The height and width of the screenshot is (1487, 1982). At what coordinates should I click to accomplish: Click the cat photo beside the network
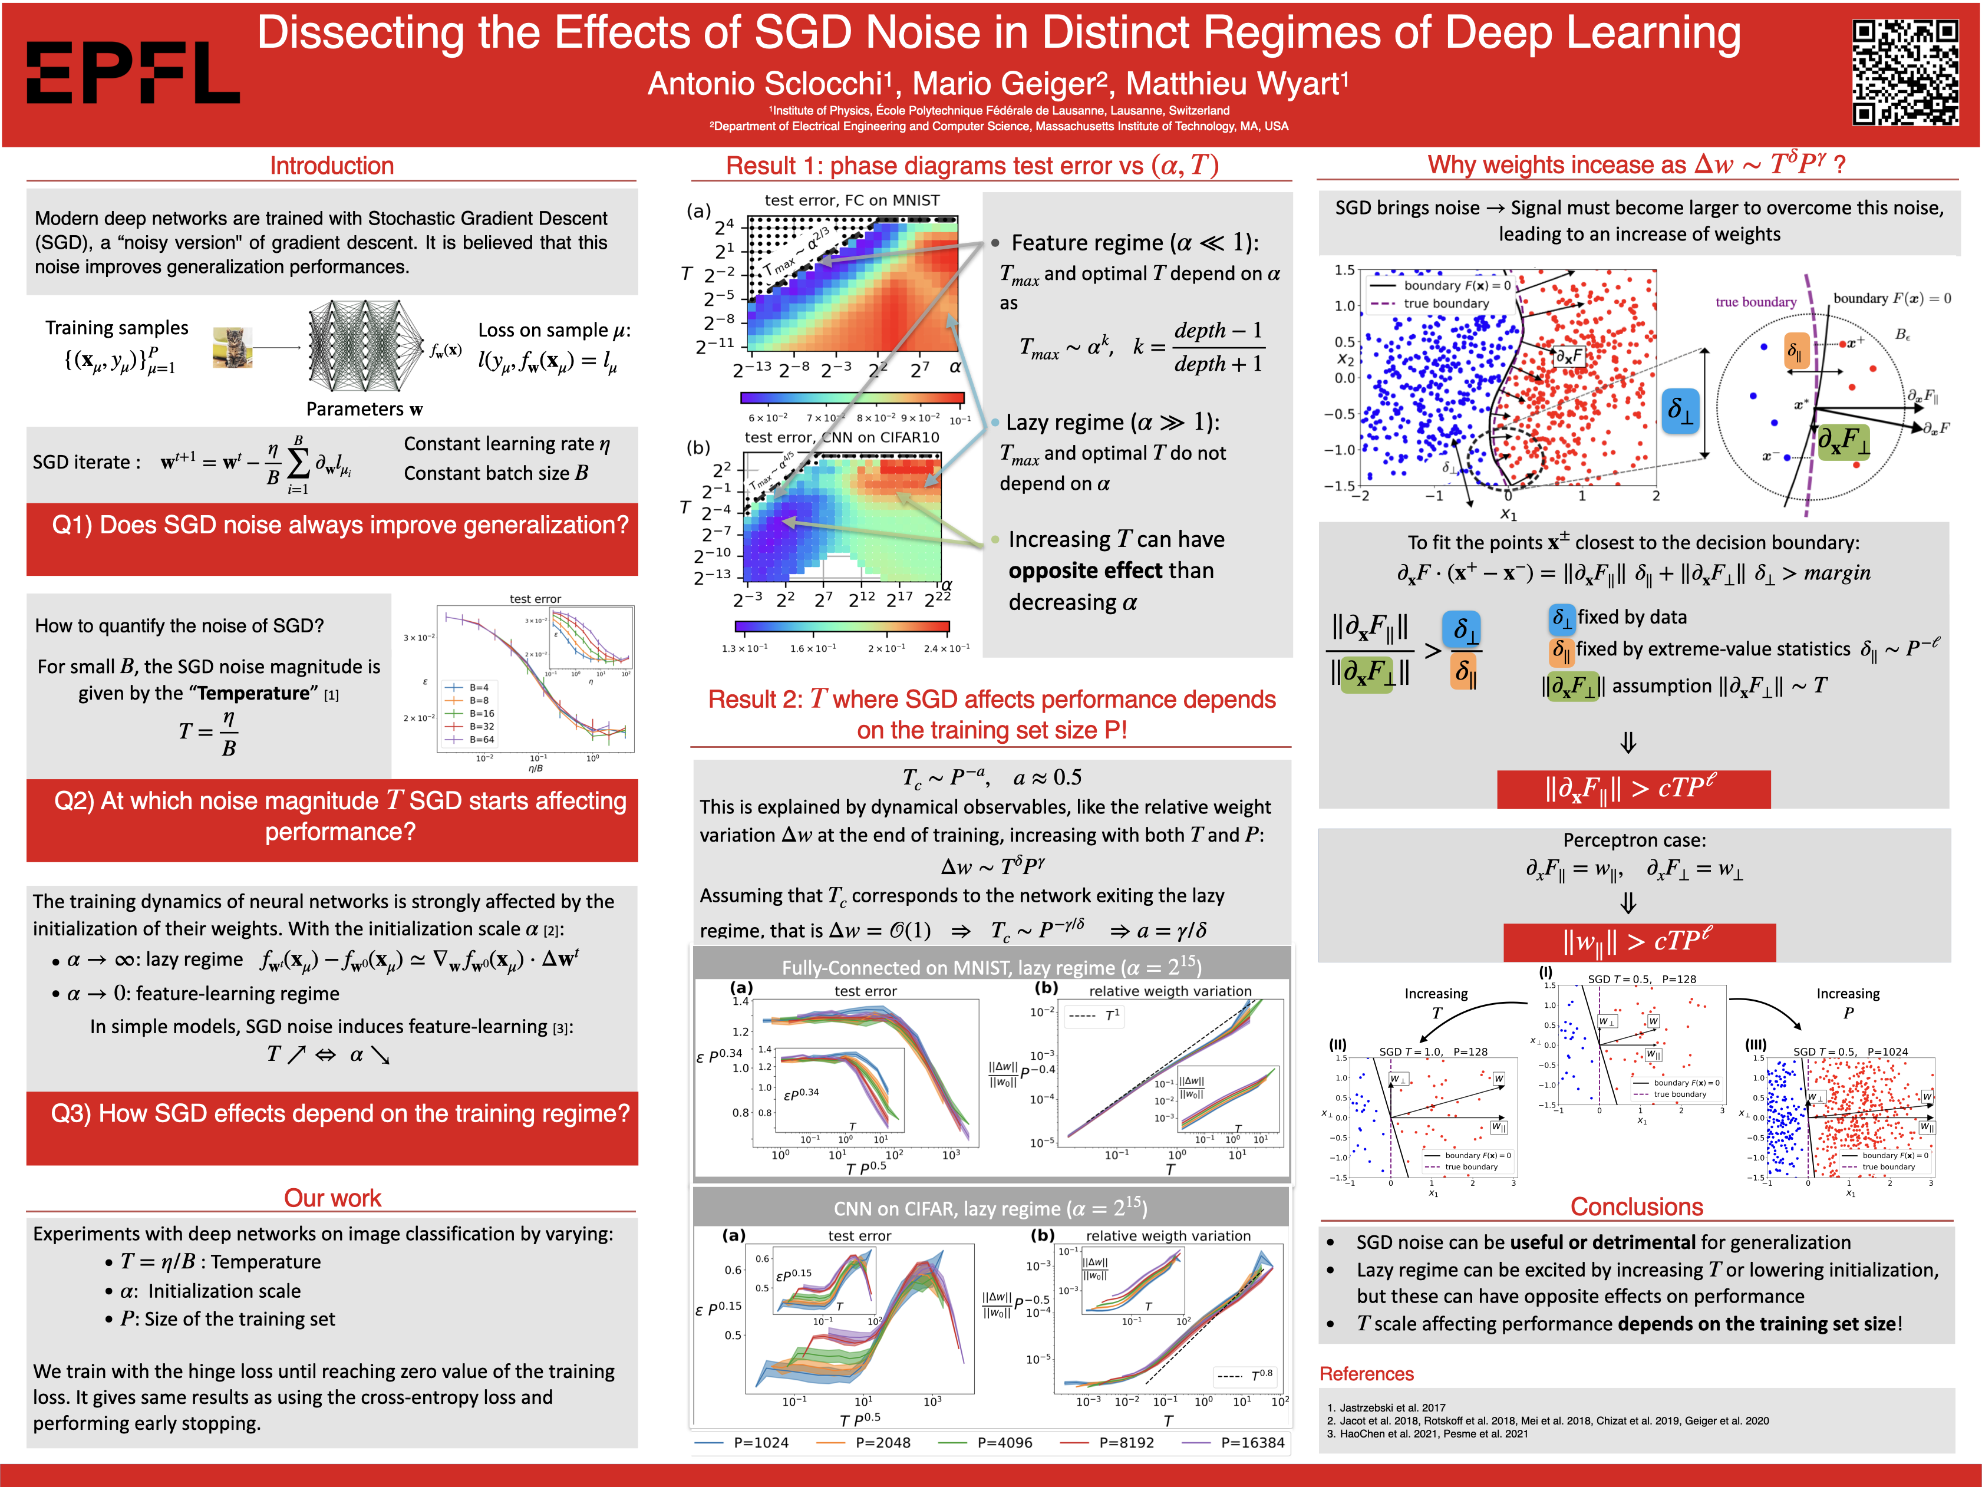click(232, 348)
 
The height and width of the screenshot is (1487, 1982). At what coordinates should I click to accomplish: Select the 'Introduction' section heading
click(332, 166)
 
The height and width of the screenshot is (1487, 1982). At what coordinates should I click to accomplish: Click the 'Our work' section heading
click(332, 1198)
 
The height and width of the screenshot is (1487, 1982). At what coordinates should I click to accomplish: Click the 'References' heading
click(1367, 1374)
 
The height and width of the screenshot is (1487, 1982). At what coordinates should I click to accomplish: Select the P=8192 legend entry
click(1126, 1442)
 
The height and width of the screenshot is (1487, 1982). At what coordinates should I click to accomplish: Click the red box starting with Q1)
click(332, 538)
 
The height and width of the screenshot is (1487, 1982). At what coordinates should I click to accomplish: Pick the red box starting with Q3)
click(332, 1127)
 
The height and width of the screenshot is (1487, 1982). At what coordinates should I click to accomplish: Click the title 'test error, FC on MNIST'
click(852, 200)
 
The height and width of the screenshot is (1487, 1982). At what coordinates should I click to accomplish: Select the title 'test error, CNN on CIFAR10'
click(842, 437)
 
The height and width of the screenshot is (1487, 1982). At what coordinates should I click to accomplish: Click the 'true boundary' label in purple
click(1755, 302)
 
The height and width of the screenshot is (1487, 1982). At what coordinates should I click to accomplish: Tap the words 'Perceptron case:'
click(1634, 840)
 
